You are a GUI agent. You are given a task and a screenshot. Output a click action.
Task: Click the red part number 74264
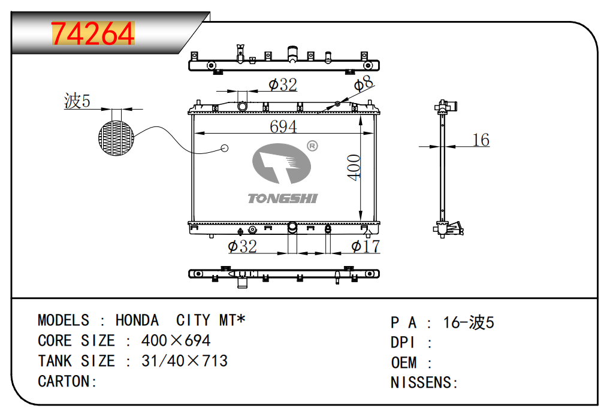[93, 34]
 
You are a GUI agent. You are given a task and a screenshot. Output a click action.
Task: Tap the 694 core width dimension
[283, 126]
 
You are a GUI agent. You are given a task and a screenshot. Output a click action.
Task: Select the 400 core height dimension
[354, 167]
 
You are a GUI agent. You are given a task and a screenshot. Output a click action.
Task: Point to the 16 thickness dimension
[481, 140]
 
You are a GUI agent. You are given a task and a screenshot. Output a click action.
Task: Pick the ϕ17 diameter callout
[366, 246]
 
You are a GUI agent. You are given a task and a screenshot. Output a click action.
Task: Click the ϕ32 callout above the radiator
[283, 84]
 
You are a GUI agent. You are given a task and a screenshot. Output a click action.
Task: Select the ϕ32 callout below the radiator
[242, 246]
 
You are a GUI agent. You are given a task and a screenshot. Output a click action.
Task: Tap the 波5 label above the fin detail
[77, 101]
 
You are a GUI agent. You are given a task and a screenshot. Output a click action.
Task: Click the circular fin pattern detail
[116, 138]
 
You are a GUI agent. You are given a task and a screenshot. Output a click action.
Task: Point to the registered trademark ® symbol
[312, 146]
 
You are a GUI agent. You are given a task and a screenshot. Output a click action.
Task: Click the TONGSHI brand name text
[283, 199]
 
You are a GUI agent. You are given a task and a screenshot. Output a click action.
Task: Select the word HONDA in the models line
[137, 320]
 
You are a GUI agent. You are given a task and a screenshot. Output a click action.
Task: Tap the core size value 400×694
[176, 341]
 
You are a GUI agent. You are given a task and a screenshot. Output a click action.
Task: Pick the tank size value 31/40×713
[185, 361]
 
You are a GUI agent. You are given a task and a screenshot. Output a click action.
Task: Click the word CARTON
[64, 382]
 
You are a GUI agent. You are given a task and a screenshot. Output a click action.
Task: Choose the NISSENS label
[421, 382]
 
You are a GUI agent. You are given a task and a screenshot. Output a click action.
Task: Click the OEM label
[404, 363]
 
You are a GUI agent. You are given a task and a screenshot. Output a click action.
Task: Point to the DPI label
[403, 343]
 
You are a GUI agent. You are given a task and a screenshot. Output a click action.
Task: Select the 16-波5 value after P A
[469, 322]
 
